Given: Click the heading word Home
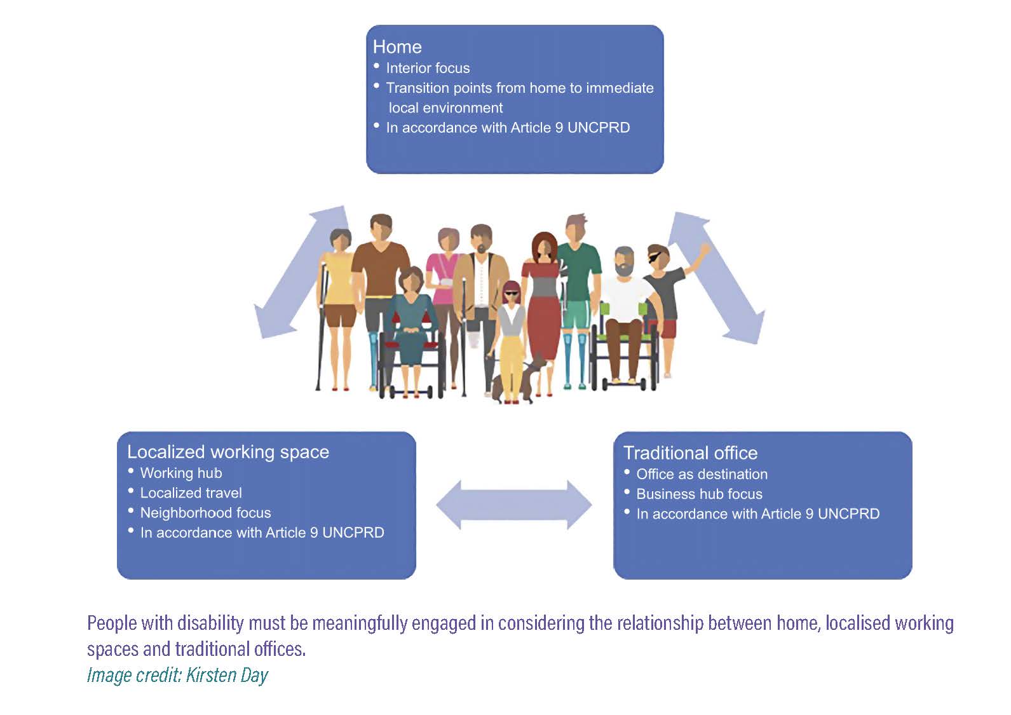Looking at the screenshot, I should point(397,47).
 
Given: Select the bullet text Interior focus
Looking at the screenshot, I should point(428,68).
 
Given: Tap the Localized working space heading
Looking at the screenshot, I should point(228,452).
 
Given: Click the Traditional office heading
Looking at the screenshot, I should point(690,453).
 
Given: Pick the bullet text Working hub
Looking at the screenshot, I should point(181,473).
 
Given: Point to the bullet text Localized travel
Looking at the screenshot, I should point(191,493).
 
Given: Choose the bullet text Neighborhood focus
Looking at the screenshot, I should point(205,513).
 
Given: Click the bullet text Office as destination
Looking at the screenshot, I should point(702,474).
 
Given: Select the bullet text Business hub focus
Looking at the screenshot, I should point(699,494).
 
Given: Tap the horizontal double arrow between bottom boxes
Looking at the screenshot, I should point(513,505).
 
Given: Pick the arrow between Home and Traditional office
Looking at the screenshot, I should point(716,277).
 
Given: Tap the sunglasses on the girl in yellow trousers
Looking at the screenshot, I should point(512,293).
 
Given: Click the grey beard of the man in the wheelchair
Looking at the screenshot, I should point(625,269).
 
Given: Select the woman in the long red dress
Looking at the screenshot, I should point(542,299).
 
